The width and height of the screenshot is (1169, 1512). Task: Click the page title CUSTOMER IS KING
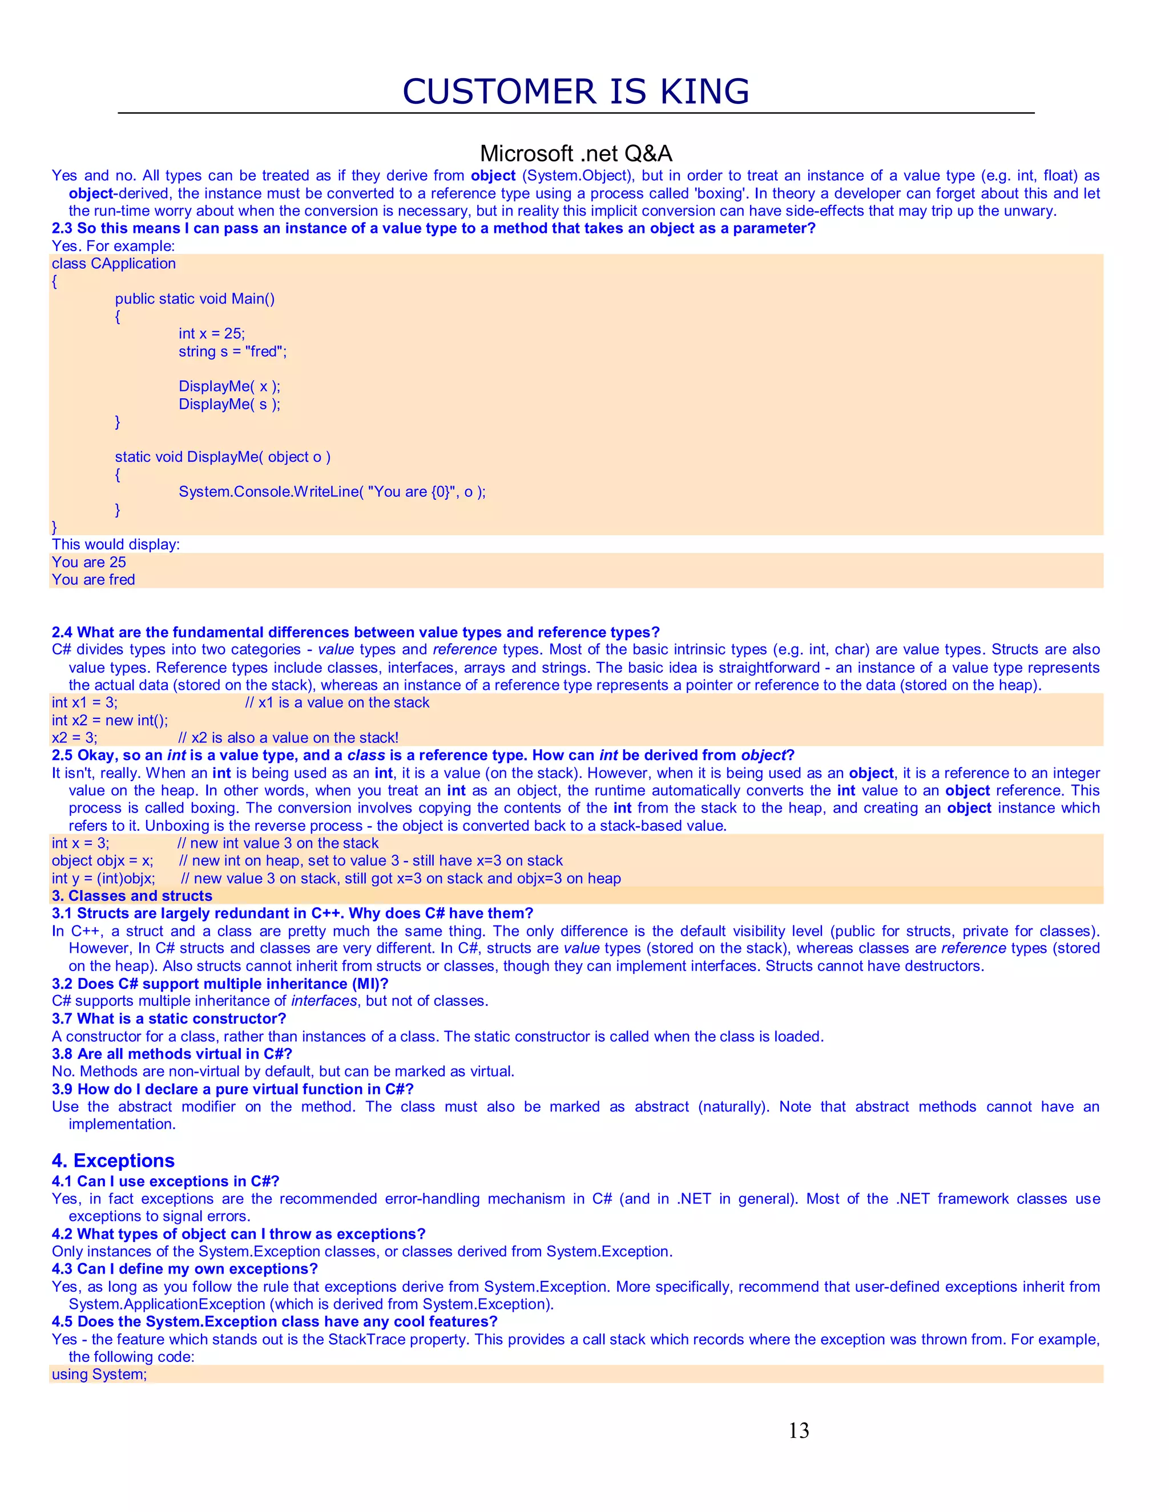(575, 92)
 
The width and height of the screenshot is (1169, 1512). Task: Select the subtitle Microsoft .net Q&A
(575, 153)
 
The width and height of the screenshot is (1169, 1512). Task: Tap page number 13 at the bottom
(799, 1430)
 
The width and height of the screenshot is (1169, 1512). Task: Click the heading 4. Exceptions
(113, 1161)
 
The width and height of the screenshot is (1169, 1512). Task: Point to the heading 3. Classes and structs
(132, 896)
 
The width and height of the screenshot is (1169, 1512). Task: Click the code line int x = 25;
(211, 334)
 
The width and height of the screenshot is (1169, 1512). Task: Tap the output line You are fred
(94, 580)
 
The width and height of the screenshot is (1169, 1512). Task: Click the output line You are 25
(88, 562)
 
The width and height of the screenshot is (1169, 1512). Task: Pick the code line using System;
(99, 1374)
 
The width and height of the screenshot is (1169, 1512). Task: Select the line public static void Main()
(195, 298)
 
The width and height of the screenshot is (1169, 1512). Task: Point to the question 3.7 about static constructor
(168, 1019)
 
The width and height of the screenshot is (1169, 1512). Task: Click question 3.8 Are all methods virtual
(172, 1054)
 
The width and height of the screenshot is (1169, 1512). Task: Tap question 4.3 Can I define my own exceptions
(184, 1269)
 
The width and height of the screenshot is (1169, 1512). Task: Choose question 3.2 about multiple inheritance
(220, 984)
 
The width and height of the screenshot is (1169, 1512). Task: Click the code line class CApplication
(114, 264)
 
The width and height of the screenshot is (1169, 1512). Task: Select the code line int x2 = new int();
(110, 720)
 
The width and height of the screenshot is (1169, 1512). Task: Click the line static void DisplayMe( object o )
(222, 457)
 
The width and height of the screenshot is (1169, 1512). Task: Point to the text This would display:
(116, 544)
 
